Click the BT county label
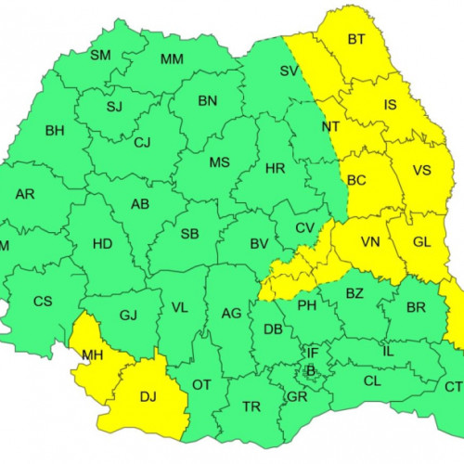(356, 39)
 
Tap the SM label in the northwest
(100, 56)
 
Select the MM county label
(172, 60)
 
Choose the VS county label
(421, 171)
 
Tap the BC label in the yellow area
(356, 182)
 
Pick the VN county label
(370, 242)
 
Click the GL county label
(421, 241)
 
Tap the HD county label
(103, 245)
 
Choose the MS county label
(219, 162)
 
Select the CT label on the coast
(454, 386)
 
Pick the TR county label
(251, 407)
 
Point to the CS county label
(43, 301)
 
